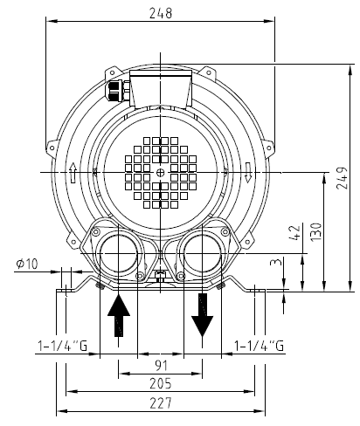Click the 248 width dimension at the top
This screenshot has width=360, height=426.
[160, 13]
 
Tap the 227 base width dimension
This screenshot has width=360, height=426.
[160, 402]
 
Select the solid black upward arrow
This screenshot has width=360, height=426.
[119, 315]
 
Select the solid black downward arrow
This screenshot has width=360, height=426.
[204, 315]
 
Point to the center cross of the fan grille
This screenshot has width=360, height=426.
[160, 173]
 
